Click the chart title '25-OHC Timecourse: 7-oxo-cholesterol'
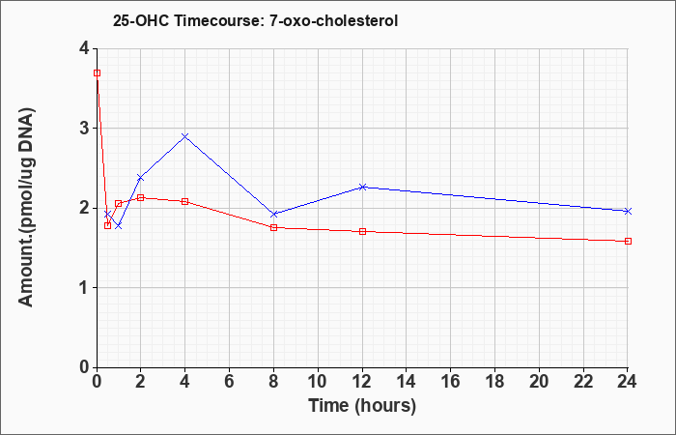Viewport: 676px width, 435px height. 255,20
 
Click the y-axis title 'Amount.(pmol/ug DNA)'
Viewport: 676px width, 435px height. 26,207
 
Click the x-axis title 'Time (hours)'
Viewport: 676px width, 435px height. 362,406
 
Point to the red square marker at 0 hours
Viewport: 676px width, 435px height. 97,72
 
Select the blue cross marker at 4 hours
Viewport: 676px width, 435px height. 185,136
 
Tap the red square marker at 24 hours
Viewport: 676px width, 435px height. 628,242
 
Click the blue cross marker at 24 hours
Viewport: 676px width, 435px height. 628,211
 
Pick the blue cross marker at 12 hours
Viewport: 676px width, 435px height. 362,187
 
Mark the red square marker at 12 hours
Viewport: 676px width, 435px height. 362,231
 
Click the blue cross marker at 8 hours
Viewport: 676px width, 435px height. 273,214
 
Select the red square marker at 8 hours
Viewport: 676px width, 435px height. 273,227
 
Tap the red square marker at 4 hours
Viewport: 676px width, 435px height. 185,201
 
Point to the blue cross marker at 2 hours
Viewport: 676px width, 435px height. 141,178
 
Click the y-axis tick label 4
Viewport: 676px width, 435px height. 85,48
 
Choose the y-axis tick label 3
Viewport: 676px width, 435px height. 85,129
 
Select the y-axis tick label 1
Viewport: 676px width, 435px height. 85,288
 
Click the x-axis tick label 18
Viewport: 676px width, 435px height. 494,382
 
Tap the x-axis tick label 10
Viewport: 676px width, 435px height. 318,382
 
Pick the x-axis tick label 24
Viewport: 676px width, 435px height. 628,382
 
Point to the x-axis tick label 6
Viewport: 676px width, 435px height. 230,382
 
